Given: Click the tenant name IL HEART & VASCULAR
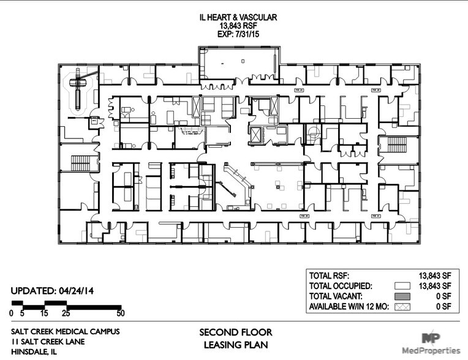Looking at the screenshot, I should (238, 18).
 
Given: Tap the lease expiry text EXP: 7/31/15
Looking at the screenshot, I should (238, 34).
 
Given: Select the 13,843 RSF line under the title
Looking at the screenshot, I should (238, 26).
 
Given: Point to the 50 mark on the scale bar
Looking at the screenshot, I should (120, 313).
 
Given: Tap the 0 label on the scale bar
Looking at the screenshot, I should (12, 313).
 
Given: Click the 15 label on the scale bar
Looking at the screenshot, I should (44, 313).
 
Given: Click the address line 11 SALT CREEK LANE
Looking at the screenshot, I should (48, 342).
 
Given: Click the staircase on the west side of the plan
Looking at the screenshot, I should (81, 163).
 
